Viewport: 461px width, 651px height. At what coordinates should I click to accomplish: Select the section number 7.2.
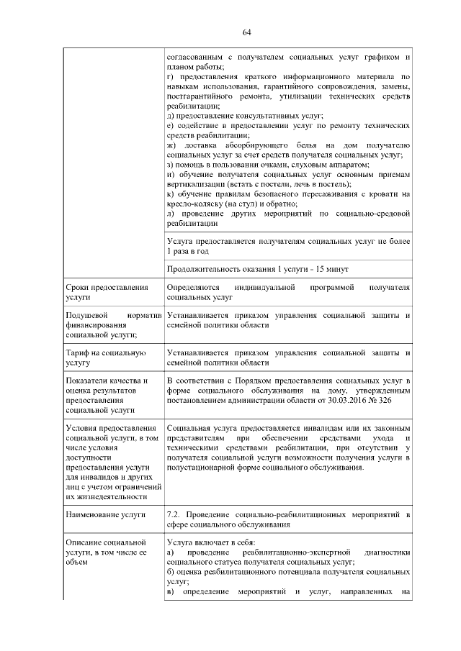click(x=174, y=514)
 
